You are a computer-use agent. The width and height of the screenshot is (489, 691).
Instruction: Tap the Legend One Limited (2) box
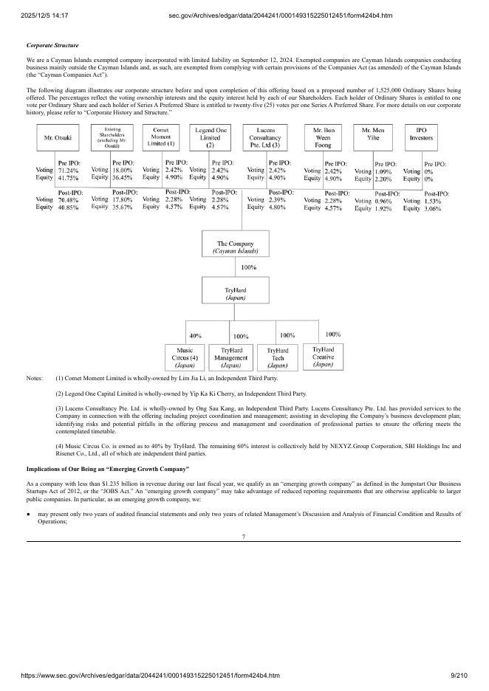coord(210,137)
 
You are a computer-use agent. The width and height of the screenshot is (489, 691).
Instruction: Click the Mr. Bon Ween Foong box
coord(323,137)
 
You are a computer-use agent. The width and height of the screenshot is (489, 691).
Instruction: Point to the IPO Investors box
coord(422,137)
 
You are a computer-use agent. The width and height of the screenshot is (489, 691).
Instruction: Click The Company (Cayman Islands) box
coord(235,247)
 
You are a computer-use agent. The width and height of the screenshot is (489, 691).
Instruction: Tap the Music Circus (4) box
coord(185,357)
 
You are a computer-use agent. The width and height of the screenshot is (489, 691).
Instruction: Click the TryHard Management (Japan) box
coord(230,357)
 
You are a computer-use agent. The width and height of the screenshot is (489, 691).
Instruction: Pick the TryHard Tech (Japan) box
coord(277,357)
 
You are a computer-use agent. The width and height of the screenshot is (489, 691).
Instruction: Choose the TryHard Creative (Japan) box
coord(323,357)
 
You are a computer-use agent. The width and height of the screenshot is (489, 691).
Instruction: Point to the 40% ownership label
coord(196,335)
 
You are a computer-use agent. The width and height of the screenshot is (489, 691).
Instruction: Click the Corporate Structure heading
coord(52,46)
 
